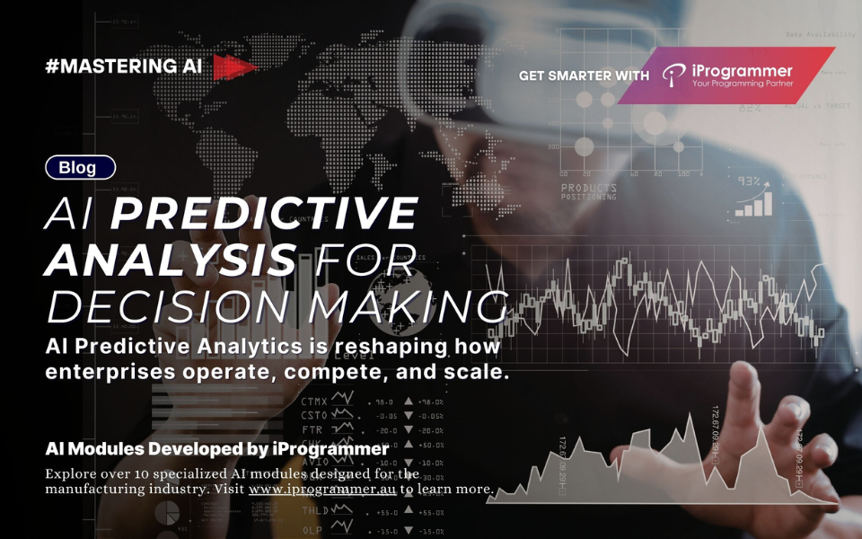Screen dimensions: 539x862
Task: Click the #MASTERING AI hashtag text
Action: tap(124, 66)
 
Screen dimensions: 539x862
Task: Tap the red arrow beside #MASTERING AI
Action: tap(233, 67)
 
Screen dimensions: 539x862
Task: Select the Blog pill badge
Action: tap(80, 167)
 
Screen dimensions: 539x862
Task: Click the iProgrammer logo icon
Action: tap(673, 75)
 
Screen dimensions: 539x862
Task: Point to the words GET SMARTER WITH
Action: tap(584, 75)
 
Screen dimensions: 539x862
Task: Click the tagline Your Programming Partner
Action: tap(743, 84)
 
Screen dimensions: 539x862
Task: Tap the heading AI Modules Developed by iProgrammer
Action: tap(216, 448)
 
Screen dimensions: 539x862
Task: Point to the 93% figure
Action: tap(749, 181)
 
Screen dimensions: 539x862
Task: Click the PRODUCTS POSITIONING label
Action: tap(588, 191)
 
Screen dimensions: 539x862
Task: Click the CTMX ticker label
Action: tap(314, 402)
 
